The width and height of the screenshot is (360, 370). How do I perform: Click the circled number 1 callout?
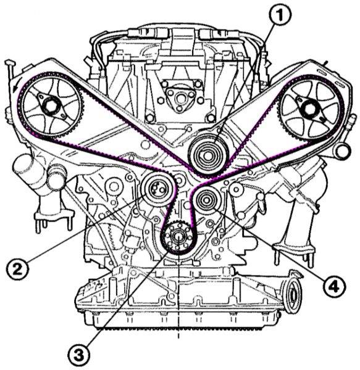click(280, 15)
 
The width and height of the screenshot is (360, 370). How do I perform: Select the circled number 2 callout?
click(18, 269)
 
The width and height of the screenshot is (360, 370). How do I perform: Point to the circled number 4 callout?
click(334, 287)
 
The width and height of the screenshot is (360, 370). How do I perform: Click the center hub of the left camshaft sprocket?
click(49, 105)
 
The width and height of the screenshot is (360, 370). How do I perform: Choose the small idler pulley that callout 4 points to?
click(206, 200)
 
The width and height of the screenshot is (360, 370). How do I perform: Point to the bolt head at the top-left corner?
click(10, 63)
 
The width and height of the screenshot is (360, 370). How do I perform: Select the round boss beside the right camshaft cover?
click(342, 152)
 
